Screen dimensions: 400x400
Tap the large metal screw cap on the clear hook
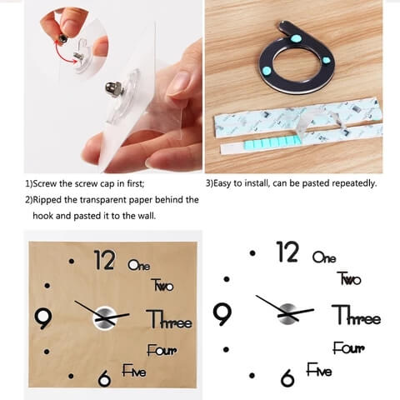[113, 87]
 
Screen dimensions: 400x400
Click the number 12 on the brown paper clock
[104, 260]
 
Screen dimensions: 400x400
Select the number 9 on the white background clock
[222, 314]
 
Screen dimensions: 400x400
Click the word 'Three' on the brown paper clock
[169, 319]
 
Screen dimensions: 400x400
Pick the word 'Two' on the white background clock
[349, 278]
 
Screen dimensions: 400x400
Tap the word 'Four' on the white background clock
[348, 348]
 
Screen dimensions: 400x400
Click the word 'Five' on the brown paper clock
[134, 371]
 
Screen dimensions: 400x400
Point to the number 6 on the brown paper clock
[104, 378]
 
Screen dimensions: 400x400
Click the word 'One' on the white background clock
[324, 257]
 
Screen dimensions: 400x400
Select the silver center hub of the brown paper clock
[104, 318]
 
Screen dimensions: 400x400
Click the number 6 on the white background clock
[287, 377]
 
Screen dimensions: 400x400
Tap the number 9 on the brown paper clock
[43, 318]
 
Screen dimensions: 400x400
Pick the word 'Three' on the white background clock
[357, 315]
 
